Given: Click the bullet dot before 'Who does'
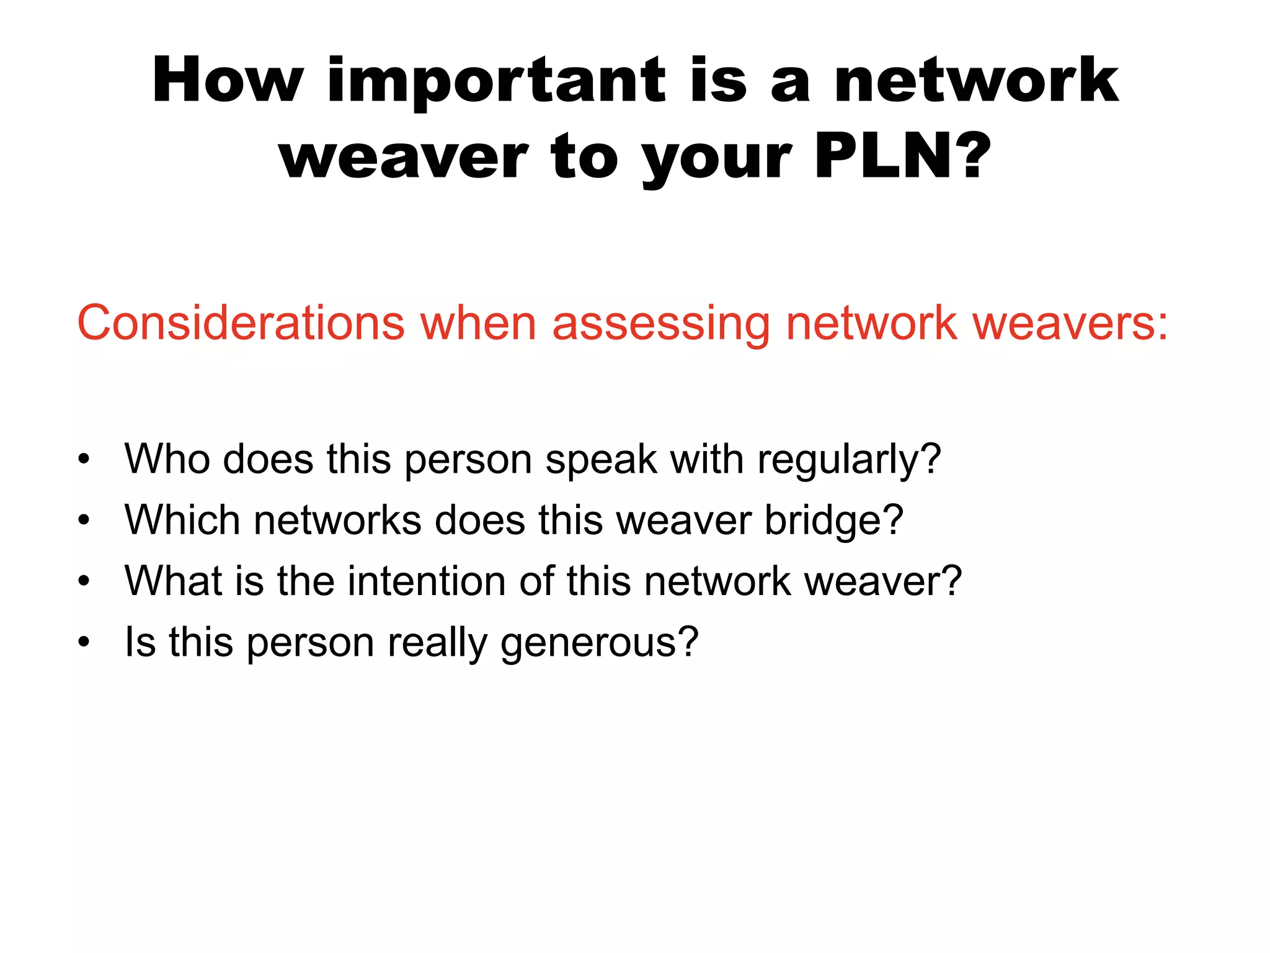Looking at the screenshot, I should (x=84, y=460).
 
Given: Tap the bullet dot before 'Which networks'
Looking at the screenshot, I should (x=84, y=521).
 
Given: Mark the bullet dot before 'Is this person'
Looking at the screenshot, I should (x=84, y=643).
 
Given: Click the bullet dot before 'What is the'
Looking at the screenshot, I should (x=84, y=582).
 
